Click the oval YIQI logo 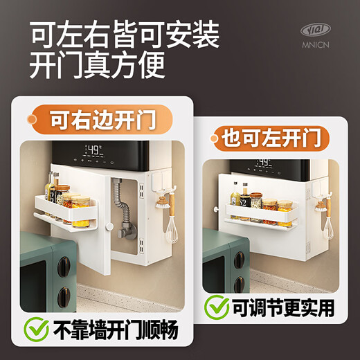point(316,30)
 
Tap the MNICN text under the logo point(316,44)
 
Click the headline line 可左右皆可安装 point(124,33)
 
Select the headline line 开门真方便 point(97,66)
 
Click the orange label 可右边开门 point(104,119)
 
